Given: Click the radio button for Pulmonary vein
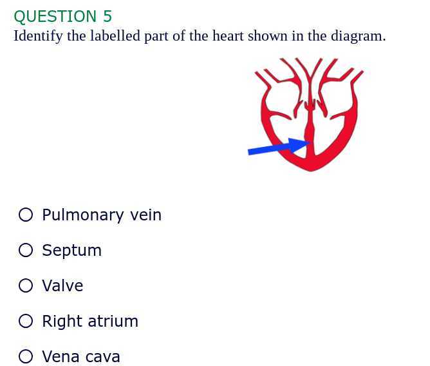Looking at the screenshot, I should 26,215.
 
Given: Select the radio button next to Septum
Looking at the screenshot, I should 26,250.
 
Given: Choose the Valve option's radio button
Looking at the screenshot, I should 26,285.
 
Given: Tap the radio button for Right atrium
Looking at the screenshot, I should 26,321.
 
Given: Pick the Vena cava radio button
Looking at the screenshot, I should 26,356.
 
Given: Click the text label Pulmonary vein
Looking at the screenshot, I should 102,215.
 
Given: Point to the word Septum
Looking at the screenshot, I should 71,250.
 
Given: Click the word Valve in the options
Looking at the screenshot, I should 62,285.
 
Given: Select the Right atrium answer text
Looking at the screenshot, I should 90,321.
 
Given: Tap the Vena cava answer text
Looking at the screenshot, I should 81,356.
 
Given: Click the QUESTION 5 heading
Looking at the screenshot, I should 62,16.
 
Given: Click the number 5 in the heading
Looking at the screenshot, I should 107,16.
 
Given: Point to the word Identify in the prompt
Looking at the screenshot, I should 38,35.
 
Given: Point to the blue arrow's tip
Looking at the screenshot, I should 310,143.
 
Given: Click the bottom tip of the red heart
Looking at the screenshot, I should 311,169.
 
